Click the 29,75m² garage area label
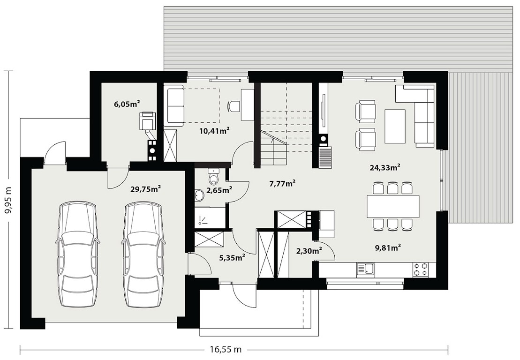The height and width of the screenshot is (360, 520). point(145,189)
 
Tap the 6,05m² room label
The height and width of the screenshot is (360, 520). point(126,104)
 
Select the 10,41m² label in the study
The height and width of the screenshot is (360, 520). point(215,130)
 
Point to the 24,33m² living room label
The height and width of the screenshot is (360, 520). point(384,167)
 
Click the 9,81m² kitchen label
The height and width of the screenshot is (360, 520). point(388,247)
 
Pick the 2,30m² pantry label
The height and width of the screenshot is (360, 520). point(309,251)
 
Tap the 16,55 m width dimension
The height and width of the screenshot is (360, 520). point(226,349)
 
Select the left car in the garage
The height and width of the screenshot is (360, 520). point(78,255)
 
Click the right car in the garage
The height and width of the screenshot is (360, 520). point(143,255)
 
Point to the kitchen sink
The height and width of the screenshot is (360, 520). point(365,270)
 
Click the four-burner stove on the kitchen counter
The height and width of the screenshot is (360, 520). point(421,270)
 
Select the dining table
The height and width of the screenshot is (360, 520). point(393,206)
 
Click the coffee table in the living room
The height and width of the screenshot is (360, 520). point(395,126)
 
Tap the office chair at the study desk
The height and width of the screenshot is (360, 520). point(234,106)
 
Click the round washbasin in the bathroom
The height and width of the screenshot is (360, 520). point(200,195)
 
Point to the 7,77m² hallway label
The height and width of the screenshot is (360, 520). point(282,183)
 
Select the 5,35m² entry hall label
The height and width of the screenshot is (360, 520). point(232,257)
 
